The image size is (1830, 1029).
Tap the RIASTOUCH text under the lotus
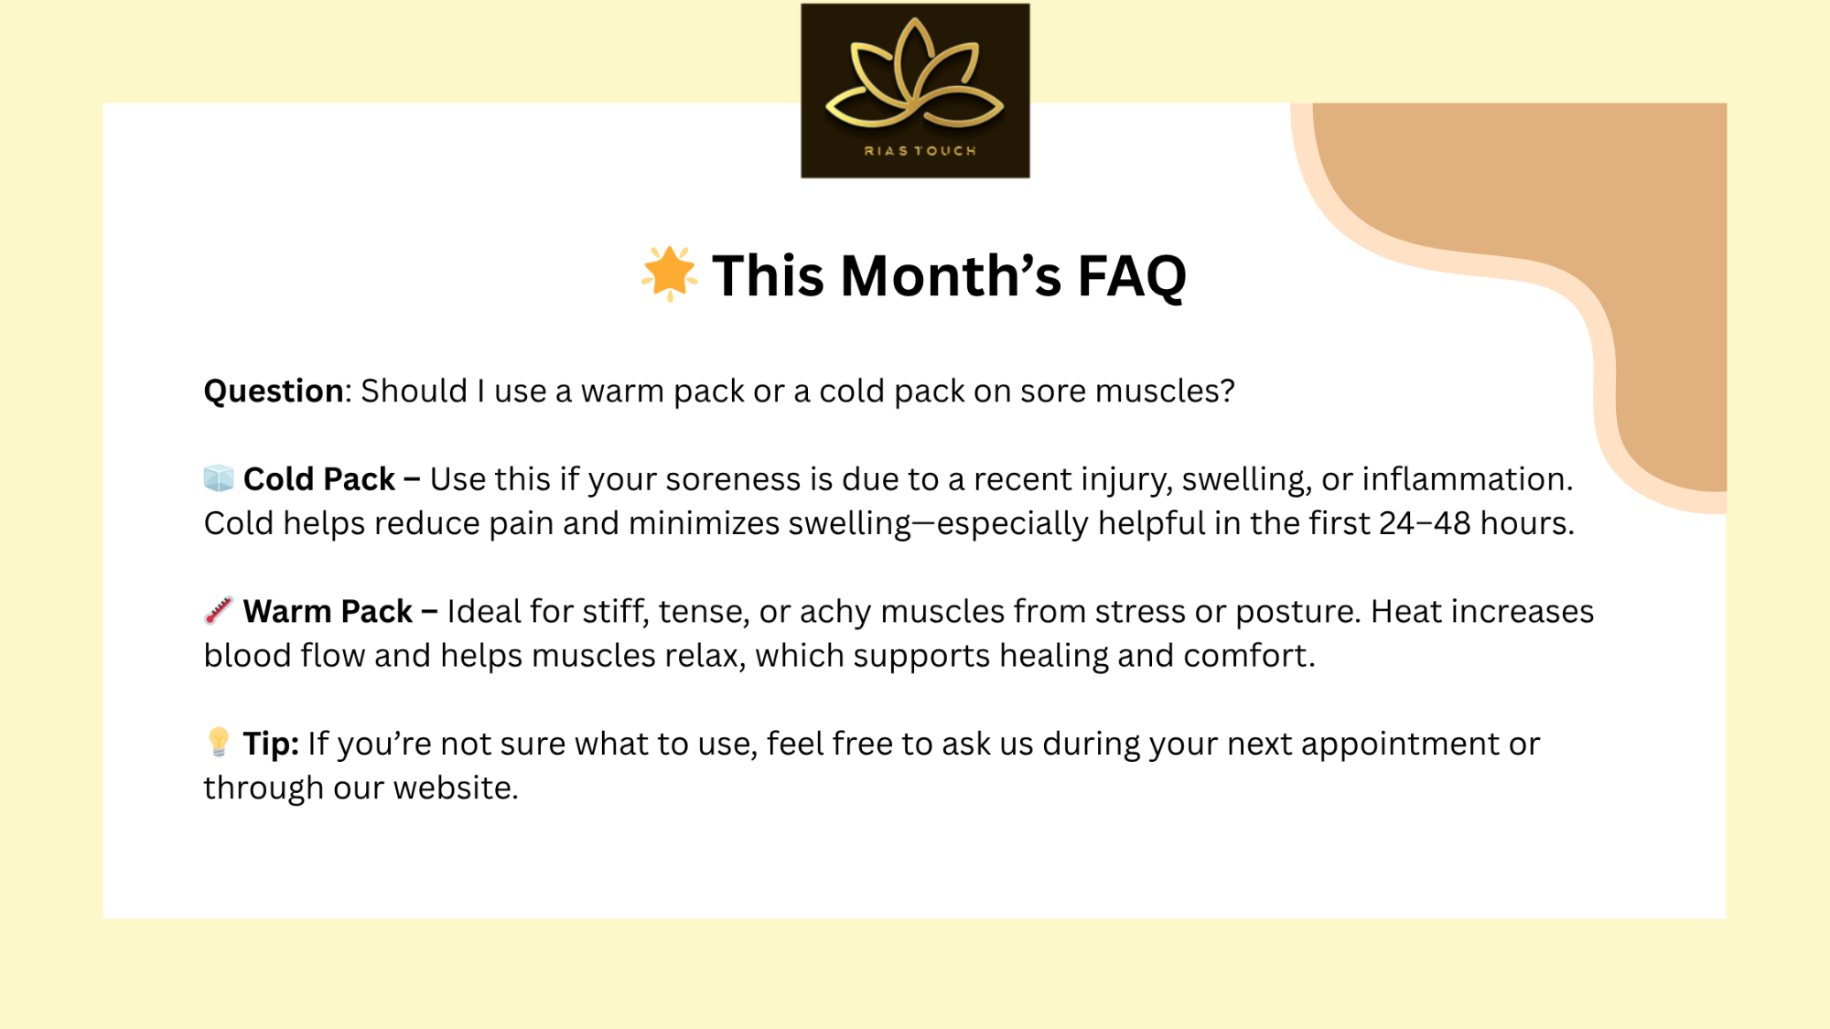point(920,151)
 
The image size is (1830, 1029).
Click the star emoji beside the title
point(669,273)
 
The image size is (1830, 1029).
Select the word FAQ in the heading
point(1132,276)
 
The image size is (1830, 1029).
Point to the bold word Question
point(274,391)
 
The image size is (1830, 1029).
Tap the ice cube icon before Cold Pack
point(219,477)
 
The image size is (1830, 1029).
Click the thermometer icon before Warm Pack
point(219,610)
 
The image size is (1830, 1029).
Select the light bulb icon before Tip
point(219,742)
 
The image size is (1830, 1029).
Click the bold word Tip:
point(271,744)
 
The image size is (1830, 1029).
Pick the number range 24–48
point(1425,523)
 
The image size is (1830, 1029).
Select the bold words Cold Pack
point(318,478)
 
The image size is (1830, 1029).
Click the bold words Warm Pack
point(328,611)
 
